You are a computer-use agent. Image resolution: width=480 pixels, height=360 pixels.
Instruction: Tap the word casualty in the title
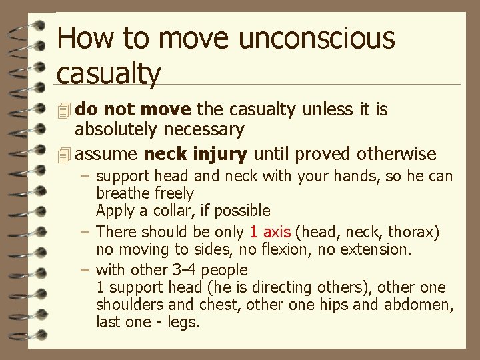point(109,73)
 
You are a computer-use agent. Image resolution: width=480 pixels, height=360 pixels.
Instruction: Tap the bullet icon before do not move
point(64,109)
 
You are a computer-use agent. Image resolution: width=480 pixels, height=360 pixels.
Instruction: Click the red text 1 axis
point(270,232)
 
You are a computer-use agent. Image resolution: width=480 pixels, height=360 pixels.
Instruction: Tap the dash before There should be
point(87,232)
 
